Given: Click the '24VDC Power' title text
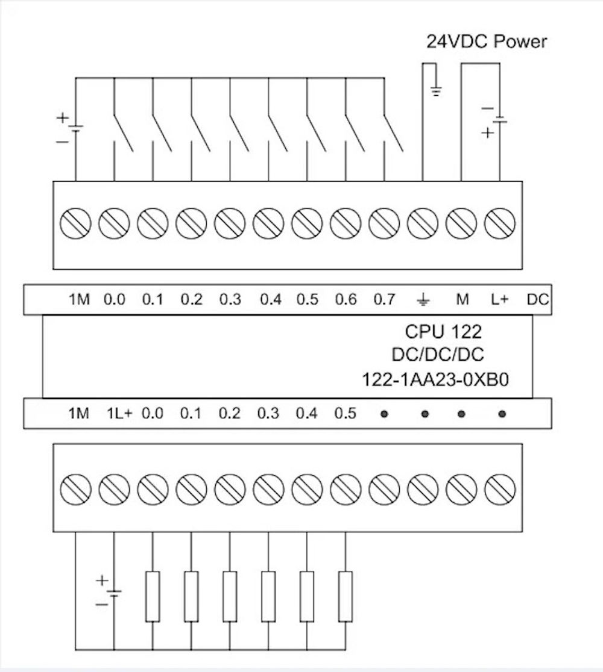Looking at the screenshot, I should pos(487,42).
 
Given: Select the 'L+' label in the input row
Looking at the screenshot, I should pos(499,299).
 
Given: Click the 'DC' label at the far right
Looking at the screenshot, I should pos(537,299).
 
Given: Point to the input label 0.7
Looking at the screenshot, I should pos(384,299).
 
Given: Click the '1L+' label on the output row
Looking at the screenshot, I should pos(119,414).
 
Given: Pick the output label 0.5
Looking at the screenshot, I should pos(346,414).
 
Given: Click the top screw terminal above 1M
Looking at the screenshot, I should pos(76,223).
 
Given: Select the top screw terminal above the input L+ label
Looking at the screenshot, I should pos(500,223).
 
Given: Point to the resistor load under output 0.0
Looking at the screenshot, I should pos(153,596).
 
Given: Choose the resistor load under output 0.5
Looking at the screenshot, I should pos(346,596).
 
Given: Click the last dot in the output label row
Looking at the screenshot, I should pos(502,414).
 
